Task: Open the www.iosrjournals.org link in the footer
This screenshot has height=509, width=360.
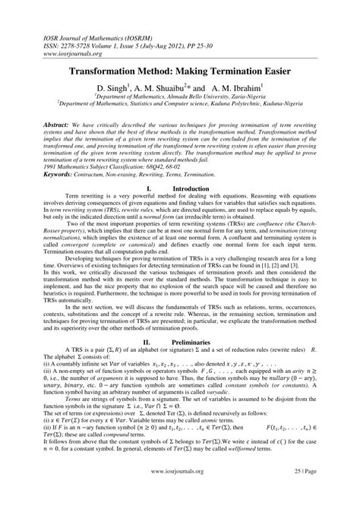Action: point(180,490)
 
